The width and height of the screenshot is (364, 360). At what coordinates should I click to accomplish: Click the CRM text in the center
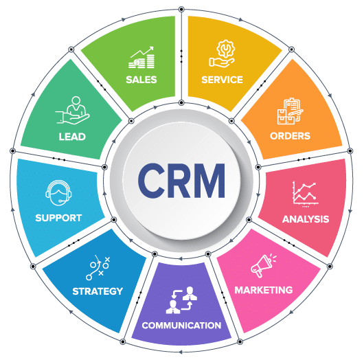coord(181,181)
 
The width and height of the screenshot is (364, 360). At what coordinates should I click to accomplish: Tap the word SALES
coord(141,80)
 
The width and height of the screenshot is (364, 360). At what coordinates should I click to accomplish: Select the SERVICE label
coord(222,80)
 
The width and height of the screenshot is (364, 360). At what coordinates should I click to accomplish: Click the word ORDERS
coord(290,136)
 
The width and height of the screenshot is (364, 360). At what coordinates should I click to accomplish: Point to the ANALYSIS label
coord(306,219)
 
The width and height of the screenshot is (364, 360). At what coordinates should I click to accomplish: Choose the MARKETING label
coord(264,290)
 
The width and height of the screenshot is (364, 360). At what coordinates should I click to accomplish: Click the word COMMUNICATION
coord(181,326)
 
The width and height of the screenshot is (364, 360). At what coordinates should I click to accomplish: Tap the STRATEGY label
coord(98,291)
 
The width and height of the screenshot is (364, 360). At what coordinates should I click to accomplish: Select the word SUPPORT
coord(58,218)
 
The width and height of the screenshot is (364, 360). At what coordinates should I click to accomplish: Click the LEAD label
coord(72,137)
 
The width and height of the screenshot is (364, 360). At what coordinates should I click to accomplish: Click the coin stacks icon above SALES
coord(141,58)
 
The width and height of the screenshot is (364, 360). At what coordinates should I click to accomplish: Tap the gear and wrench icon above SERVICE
coord(222,54)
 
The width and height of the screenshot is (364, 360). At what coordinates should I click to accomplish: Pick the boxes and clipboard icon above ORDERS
coord(291,111)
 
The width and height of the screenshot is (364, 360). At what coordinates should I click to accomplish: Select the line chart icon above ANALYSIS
coord(305,194)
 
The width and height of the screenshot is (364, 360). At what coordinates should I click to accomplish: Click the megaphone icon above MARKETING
coord(264,266)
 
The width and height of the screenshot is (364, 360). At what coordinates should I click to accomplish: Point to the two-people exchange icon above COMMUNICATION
coord(181,300)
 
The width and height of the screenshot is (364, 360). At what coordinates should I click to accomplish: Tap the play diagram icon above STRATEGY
coord(98,267)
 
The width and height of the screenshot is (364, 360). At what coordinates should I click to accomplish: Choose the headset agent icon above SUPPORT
coord(58,193)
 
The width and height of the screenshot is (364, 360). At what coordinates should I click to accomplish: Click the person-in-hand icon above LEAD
coord(72,110)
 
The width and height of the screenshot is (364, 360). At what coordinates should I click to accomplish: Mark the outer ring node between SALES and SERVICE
coord(181,10)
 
